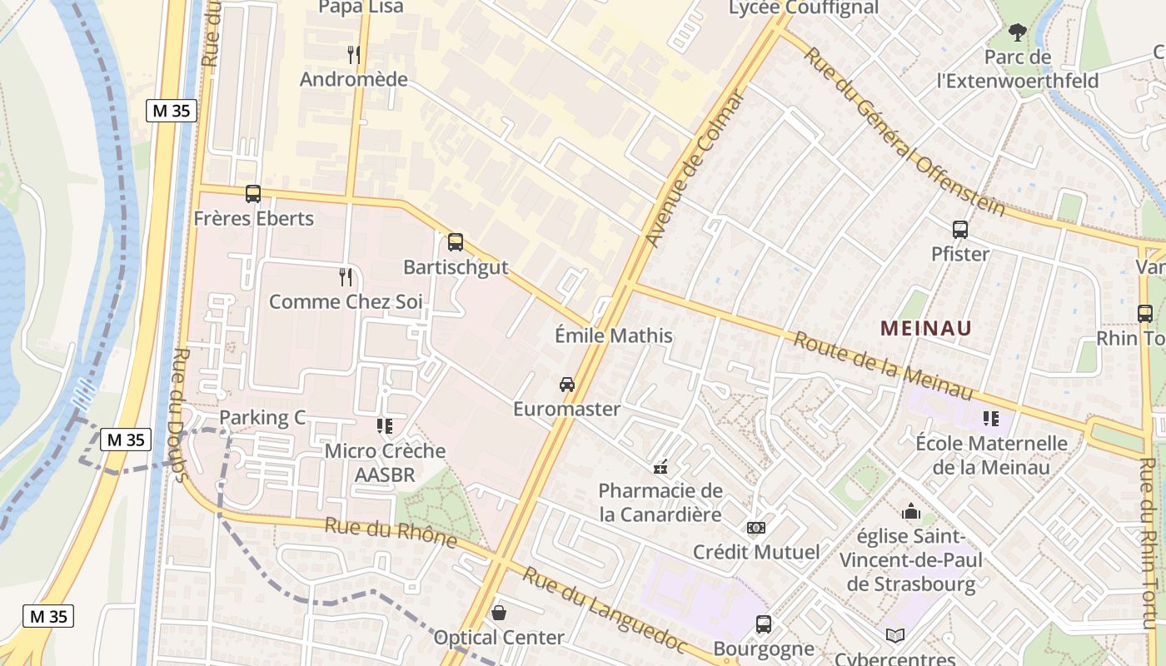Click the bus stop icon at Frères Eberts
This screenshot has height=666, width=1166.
(x=253, y=194)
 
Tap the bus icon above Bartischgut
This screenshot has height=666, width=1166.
(x=456, y=242)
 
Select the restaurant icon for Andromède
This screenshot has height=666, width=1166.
(x=354, y=55)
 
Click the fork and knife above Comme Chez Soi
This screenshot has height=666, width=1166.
(x=346, y=277)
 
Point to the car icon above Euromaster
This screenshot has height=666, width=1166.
(x=567, y=385)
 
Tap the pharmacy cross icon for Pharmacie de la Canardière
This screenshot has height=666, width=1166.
(x=660, y=467)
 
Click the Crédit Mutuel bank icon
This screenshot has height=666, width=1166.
(x=756, y=528)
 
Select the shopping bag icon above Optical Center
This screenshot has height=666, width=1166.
(x=499, y=614)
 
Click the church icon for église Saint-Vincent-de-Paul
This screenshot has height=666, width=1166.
(x=911, y=511)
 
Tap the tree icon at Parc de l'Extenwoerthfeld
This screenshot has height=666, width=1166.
(x=1017, y=33)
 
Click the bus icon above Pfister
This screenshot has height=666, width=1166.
(x=960, y=230)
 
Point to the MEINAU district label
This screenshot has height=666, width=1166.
(x=926, y=328)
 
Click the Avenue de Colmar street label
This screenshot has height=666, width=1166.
(x=694, y=169)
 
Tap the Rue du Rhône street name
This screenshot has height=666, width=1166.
(x=391, y=533)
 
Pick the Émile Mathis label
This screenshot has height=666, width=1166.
(x=613, y=335)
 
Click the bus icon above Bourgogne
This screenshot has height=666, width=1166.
(x=764, y=624)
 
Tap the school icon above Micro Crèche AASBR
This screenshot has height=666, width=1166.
(x=385, y=426)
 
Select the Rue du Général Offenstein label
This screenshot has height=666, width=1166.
(x=905, y=132)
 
